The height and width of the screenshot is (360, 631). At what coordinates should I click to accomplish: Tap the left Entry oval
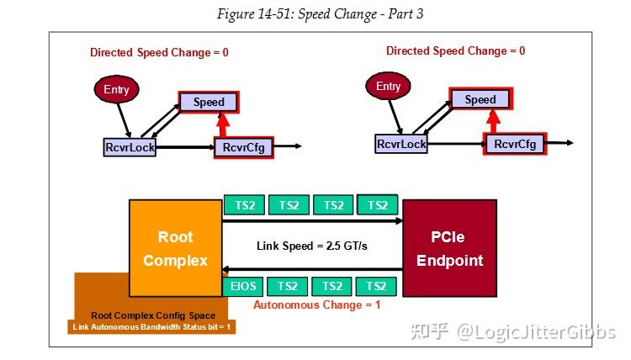(x=114, y=88)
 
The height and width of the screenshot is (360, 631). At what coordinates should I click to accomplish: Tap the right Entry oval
(x=388, y=87)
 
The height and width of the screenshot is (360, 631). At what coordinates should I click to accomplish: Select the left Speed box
(x=209, y=103)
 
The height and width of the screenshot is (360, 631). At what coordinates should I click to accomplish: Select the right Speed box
(x=480, y=99)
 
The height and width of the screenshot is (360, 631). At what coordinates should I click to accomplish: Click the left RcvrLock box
(x=130, y=147)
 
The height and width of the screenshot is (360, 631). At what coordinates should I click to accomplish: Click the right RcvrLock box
(x=401, y=144)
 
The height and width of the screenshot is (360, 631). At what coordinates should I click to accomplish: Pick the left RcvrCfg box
(x=244, y=147)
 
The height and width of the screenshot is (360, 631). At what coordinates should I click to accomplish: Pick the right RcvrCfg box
(x=516, y=144)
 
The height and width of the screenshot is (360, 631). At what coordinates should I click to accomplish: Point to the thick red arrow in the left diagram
(x=223, y=125)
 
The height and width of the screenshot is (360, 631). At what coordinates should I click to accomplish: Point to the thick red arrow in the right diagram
(x=495, y=122)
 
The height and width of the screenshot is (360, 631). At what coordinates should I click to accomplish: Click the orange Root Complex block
(x=175, y=248)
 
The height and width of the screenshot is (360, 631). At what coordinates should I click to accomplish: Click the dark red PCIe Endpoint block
(x=449, y=248)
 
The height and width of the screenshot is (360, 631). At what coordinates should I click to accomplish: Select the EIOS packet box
(x=243, y=286)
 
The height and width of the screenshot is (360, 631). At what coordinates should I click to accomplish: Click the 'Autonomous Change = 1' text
(x=316, y=304)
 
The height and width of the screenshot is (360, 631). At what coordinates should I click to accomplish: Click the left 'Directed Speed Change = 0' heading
(x=159, y=52)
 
